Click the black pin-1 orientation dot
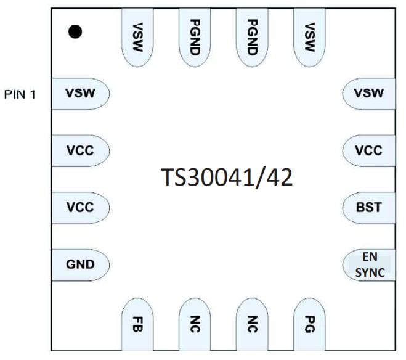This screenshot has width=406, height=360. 75,32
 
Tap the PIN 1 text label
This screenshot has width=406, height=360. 21,96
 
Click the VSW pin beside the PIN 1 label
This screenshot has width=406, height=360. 80,94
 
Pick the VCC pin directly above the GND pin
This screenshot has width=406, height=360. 80,207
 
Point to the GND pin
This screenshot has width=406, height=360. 80,264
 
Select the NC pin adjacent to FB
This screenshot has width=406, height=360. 194,322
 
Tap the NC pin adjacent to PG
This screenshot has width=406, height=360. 251,322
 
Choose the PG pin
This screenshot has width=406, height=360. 309,322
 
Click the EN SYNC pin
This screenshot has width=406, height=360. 369,264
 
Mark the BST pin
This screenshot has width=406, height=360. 369,207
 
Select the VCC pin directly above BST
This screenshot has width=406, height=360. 369,150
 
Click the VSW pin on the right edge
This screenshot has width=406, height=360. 369,94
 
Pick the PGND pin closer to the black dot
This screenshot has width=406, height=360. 194,37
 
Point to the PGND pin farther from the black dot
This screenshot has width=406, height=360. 251,37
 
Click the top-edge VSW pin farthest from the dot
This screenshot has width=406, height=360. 309,37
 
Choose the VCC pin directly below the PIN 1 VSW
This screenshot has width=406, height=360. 80,150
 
